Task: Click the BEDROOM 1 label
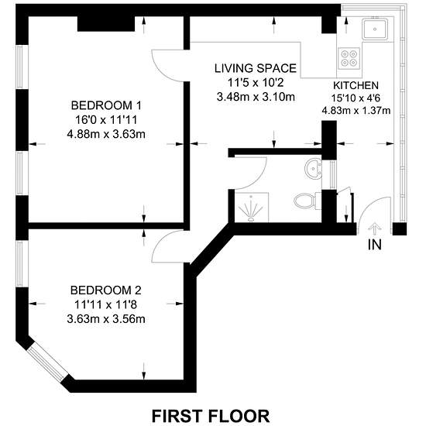[x=106, y=105]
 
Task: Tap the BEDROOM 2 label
[x=106, y=290]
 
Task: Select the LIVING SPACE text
[x=256, y=68]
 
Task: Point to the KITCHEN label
[x=356, y=85]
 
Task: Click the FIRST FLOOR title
[x=211, y=416]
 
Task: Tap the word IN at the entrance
[x=375, y=245]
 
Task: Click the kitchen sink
[x=375, y=29]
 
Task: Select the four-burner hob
[x=349, y=58]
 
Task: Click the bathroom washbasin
[x=314, y=168]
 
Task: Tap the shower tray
[x=251, y=208]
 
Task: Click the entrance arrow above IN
[x=374, y=228]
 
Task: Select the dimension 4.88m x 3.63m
[x=106, y=134]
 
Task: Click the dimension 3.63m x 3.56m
[x=106, y=319]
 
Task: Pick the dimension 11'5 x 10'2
[x=256, y=83]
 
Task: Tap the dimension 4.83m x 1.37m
[x=356, y=111]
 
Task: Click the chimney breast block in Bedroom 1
[x=106, y=24]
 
